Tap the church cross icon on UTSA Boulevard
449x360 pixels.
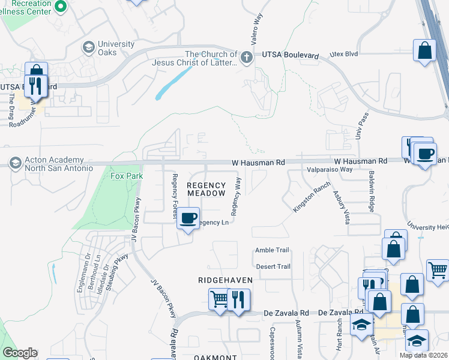click(246, 58)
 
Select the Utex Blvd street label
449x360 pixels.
click(343, 55)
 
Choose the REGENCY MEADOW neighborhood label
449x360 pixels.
click(206, 190)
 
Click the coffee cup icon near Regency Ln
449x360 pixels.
click(188, 218)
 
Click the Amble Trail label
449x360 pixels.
click(272, 250)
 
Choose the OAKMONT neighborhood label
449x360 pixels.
click(215, 356)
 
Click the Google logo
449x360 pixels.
click(20, 353)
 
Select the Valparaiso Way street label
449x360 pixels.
click(330, 170)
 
